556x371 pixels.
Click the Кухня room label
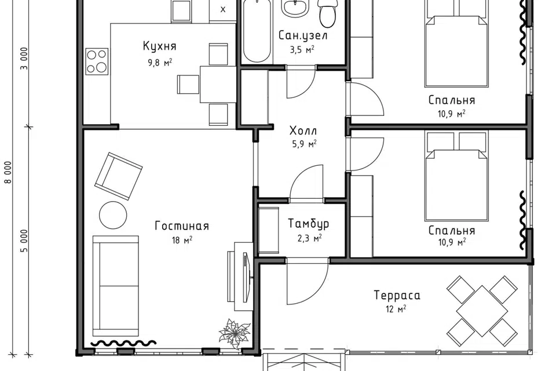click(x=160, y=46)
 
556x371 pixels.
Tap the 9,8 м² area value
click(x=160, y=63)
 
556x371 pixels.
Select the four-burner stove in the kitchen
click(x=97, y=61)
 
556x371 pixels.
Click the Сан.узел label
click(x=303, y=35)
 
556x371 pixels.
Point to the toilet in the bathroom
click(x=327, y=13)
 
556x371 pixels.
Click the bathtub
click(x=257, y=32)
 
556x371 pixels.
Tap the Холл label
click(x=303, y=130)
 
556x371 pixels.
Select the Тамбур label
click(x=309, y=224)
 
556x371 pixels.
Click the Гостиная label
click(x=182, y=226)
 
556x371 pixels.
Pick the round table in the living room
click(x=113, y=215)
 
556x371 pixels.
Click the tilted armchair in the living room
click(x=118, y=176)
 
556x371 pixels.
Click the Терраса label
click(x=397, y=296)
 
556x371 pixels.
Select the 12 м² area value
click(x=396, y=309)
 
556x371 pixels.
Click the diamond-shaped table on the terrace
click(x=482, y=311)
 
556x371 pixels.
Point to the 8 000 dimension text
click(x=8, y=173)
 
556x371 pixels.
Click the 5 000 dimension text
click(x=24, y=241)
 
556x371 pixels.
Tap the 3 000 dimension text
click(x=24, y=59)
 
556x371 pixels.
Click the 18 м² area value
click(x=182, y=241)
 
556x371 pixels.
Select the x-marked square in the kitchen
click(x=222, y=10)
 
